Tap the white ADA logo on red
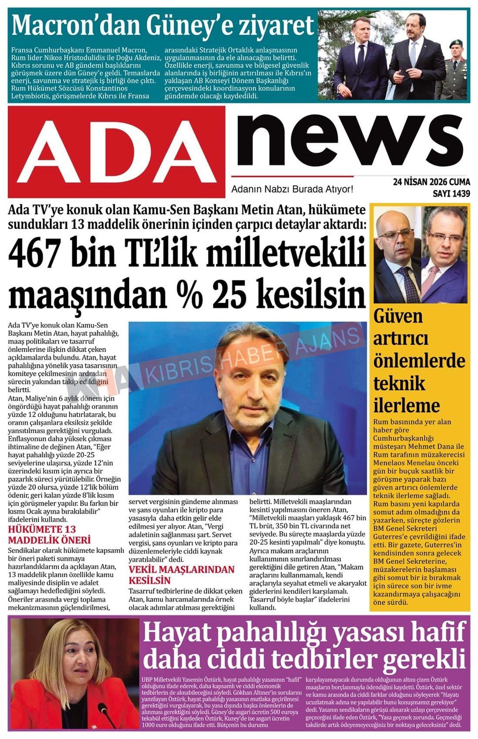[x=117, y=152]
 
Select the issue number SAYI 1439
[x=451, y=193]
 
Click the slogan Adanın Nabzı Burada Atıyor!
[x=292, y=189]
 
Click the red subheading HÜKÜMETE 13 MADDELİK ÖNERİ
[x=49, y=535]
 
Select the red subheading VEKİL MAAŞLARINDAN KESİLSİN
[x=181, y=575]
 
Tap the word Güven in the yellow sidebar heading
[x=398, y=316]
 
